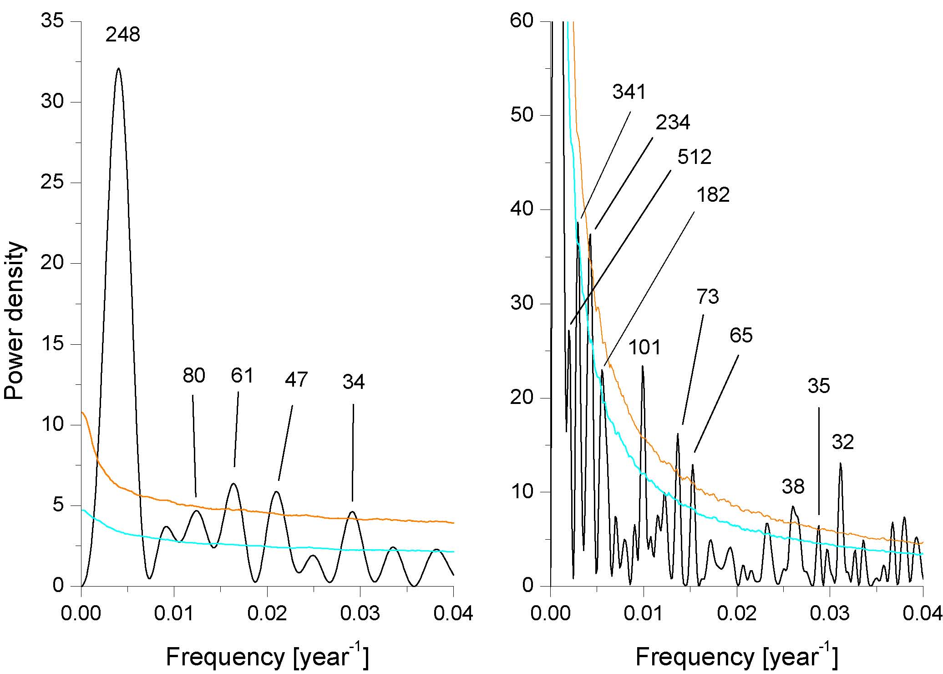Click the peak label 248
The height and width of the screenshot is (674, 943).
pos(123,35)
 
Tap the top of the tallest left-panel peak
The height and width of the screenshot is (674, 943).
pos(119,68)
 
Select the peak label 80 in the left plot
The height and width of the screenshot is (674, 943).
pos(194,376)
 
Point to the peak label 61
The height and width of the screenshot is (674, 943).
pos(242,376)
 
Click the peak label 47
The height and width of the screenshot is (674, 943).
pos(296,380)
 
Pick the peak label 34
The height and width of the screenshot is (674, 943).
pos(354,383)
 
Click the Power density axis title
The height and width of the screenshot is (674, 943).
pos(15,321)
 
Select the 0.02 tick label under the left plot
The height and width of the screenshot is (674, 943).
pos(267,613)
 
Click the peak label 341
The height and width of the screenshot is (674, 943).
pos(629,92)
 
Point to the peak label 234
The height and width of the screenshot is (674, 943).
pos(673,122)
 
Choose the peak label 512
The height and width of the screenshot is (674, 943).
pos(694,157)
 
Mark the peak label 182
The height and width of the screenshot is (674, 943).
pos(713,195)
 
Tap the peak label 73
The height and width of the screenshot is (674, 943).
pos(708,297)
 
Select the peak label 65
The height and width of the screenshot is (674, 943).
pos(741,336)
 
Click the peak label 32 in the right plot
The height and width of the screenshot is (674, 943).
pos(843,442)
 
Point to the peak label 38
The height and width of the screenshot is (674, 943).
pos(793,487)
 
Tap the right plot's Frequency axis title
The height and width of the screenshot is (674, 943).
pos(736,657)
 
